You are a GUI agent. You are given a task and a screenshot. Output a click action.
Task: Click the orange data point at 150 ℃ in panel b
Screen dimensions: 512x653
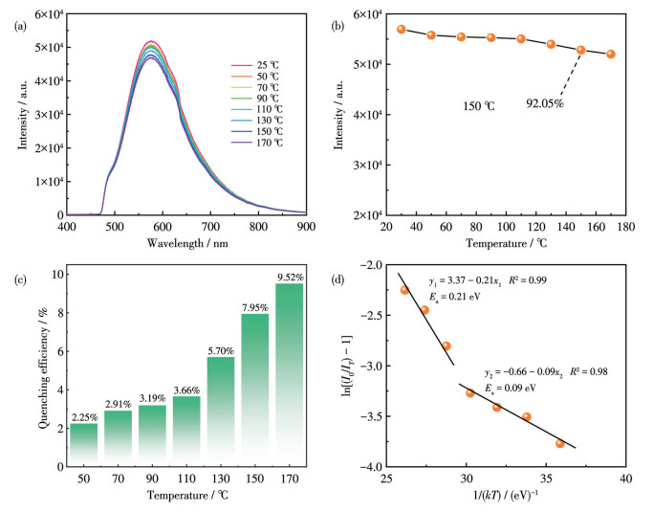point(580,50)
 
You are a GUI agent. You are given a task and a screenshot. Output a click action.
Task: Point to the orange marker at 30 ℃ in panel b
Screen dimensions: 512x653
point(402,29)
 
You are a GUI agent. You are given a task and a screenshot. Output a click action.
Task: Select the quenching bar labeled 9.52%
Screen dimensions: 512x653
point(290,373)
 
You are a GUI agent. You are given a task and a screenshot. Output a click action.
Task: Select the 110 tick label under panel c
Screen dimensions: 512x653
point(186,479)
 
